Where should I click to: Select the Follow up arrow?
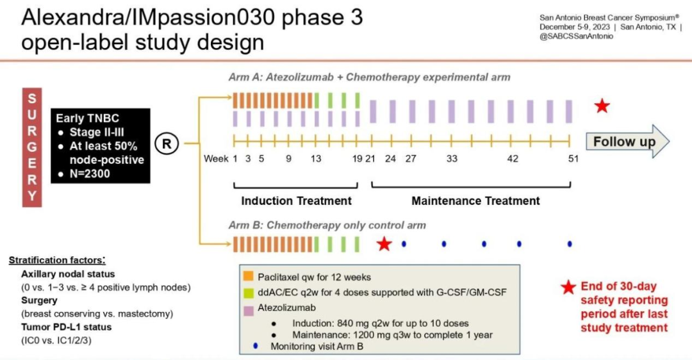[627, 142]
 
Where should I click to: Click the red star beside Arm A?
[602, 106]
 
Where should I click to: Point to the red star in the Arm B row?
[384, 243]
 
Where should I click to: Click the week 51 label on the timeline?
[570, 158]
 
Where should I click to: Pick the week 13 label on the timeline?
[316, 158]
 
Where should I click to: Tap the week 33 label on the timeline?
[452, 158]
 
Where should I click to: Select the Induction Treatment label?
[296, 200]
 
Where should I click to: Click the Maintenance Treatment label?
[475, 200]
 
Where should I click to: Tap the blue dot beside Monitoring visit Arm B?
[256, 347]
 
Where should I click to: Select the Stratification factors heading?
[57, 260]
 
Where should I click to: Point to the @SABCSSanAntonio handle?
[577, 37]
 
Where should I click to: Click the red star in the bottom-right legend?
[568, 288]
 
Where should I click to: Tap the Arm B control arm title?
[327, 225]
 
